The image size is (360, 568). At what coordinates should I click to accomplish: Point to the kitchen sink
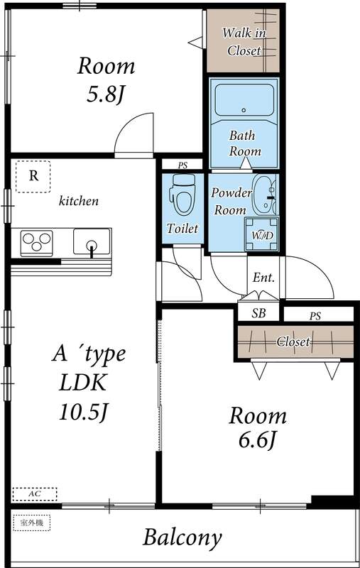point(91,244)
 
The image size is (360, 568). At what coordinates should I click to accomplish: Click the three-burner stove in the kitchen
point(36,244)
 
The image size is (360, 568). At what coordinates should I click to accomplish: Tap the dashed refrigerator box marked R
point(33,177)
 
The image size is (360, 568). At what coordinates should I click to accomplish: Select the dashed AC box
point(34,492)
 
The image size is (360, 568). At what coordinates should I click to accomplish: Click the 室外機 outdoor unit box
point(32,523)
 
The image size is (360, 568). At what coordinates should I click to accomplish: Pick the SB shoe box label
point(259,313)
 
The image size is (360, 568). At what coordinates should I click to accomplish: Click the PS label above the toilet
point(182,165)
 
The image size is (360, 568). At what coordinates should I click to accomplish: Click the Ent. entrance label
point(263,278)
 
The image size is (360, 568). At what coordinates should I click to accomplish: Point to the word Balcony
point(182,537)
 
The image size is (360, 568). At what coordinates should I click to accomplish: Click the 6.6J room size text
point(256,440)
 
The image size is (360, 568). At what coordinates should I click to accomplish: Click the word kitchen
point(78,201)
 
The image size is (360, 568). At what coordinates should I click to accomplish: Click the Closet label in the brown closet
point(293,342)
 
